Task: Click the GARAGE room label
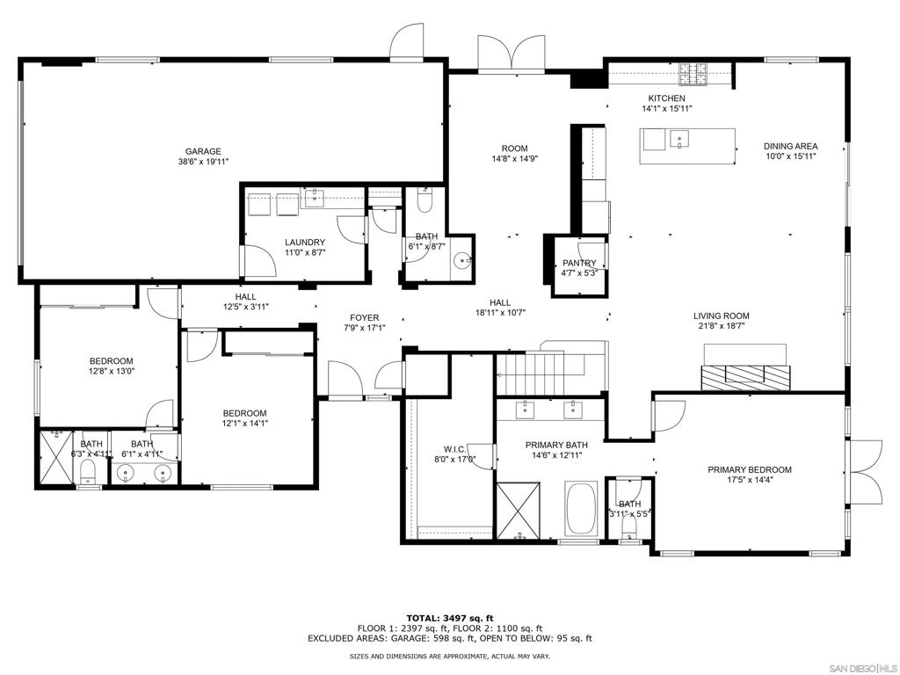[x=202, y=151]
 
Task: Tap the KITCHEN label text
[x=666, y=98]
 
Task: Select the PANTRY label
[x=579, y=263]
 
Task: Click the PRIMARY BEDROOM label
[x=750, y=470]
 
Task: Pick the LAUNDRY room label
[x=305, y=243]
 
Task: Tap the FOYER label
[x=364, y=318]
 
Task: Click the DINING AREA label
[x=790, y=146]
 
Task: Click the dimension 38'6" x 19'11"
[x=202, y=162]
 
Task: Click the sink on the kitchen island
[x=678, y=138]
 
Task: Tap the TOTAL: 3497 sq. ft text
[x=449, y=618]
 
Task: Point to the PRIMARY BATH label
[x=556, y=445]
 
